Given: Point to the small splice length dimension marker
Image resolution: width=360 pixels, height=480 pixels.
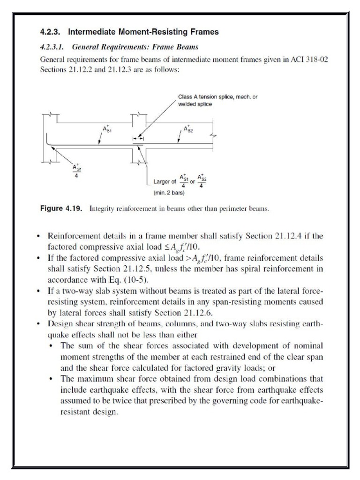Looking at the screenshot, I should pos(138,139).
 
